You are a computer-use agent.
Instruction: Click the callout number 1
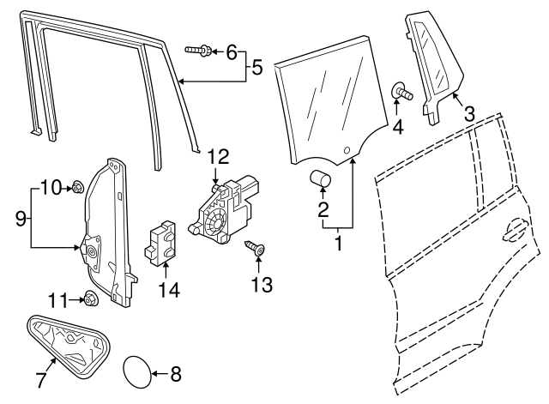[338, 243]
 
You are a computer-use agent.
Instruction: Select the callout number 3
[469, 112]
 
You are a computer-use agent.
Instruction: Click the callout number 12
[219, 157]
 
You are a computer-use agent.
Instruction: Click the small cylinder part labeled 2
[322, 178]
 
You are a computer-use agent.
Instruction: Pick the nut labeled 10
[76, 185]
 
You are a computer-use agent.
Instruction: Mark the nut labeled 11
[88, 298]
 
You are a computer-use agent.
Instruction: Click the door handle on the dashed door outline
[514, 230]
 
